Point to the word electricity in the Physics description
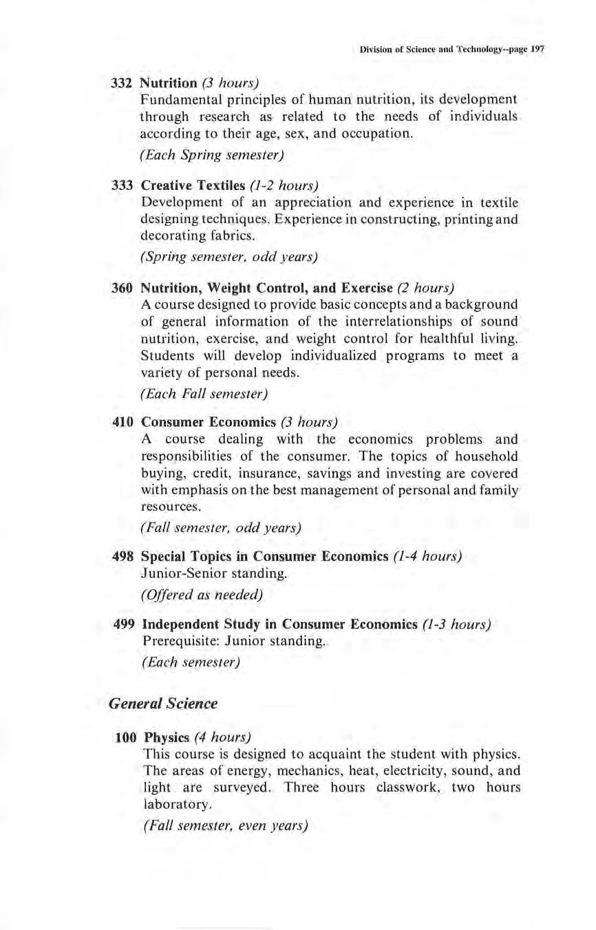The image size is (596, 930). pos(417,771)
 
